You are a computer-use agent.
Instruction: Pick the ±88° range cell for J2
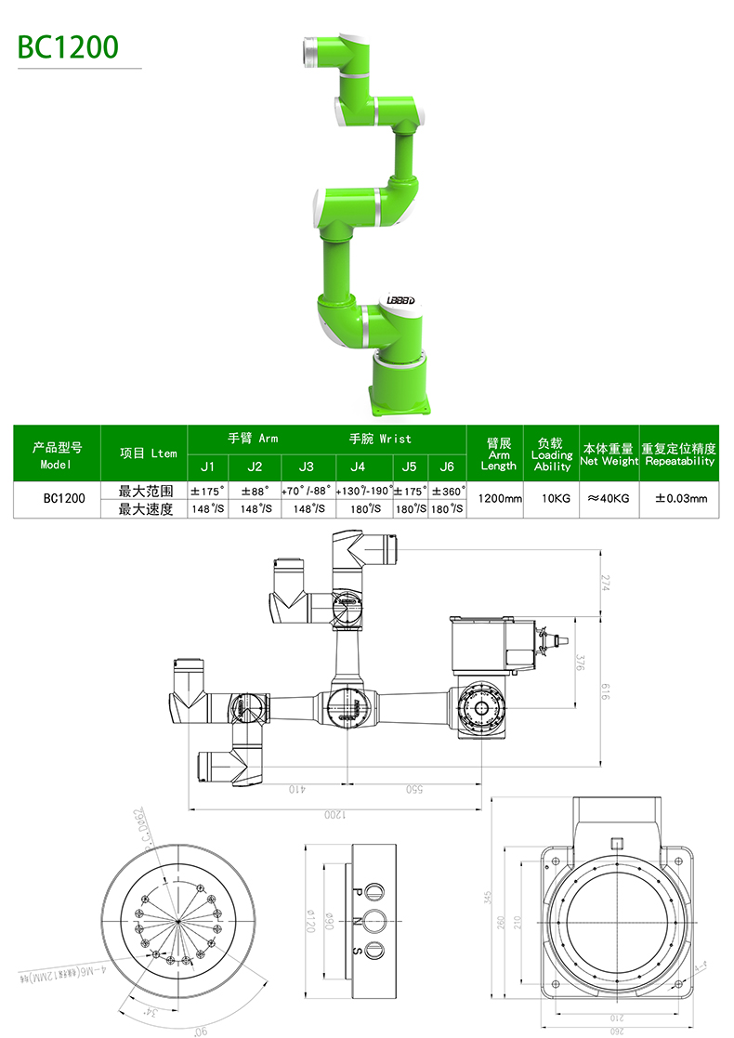[255, 491]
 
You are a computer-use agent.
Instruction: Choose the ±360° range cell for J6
[447, 491]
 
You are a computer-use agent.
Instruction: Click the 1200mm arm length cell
[499, 499]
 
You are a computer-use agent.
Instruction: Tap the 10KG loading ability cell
[556, 499]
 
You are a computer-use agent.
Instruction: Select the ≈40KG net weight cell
[609, 499]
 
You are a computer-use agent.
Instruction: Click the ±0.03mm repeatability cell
[680, 499]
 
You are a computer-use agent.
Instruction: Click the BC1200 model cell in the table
[63, 499]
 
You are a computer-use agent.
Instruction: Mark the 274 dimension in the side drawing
[606, 583]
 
